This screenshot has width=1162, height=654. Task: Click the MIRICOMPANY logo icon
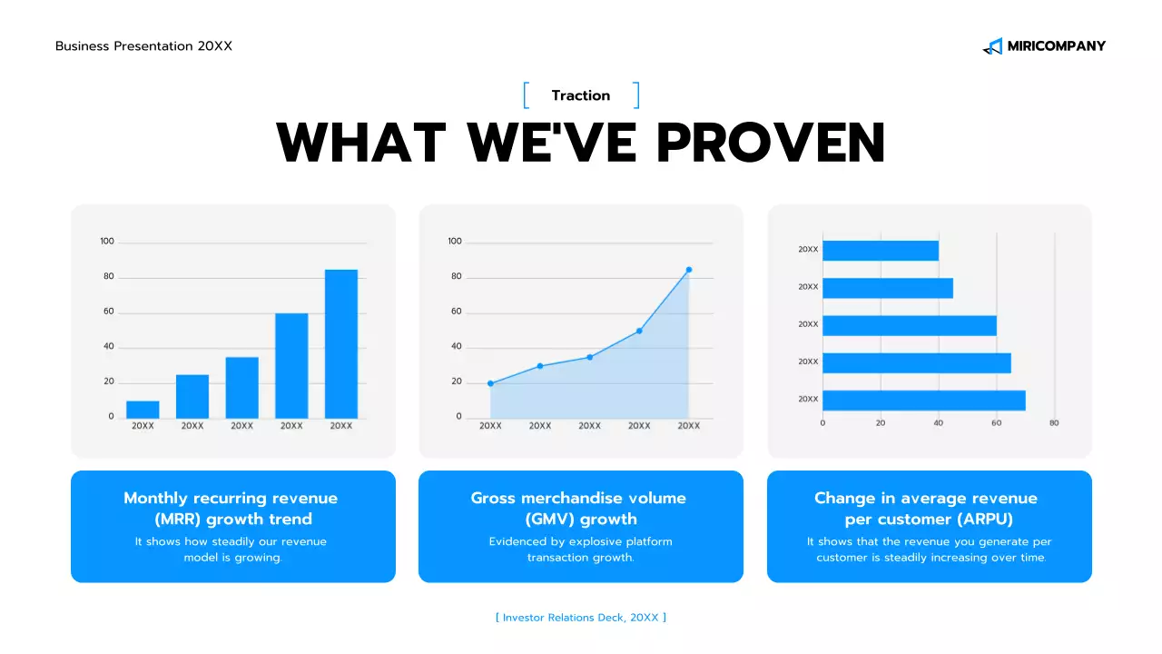992,46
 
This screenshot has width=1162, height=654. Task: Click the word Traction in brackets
581,95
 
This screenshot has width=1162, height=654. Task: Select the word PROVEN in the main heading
771,143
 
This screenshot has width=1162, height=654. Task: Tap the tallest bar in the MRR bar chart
341,343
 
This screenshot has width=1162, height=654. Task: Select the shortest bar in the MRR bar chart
143,409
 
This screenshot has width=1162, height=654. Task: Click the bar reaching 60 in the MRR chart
291,365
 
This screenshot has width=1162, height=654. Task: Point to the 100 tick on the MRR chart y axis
107,242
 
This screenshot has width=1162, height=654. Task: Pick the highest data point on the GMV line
689,270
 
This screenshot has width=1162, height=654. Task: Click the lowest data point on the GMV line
490,383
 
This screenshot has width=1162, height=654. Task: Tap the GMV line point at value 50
639,331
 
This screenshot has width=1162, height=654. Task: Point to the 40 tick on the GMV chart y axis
455,347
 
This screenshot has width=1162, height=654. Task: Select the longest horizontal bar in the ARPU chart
923,400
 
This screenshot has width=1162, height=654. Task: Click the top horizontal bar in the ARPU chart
880,250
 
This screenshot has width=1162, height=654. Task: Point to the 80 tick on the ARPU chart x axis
1054,423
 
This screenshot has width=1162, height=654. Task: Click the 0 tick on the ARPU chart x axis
822,423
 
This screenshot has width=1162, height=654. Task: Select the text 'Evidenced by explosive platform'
580,542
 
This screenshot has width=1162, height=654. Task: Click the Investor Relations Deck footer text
581,618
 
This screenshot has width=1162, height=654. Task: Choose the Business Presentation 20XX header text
143,46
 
